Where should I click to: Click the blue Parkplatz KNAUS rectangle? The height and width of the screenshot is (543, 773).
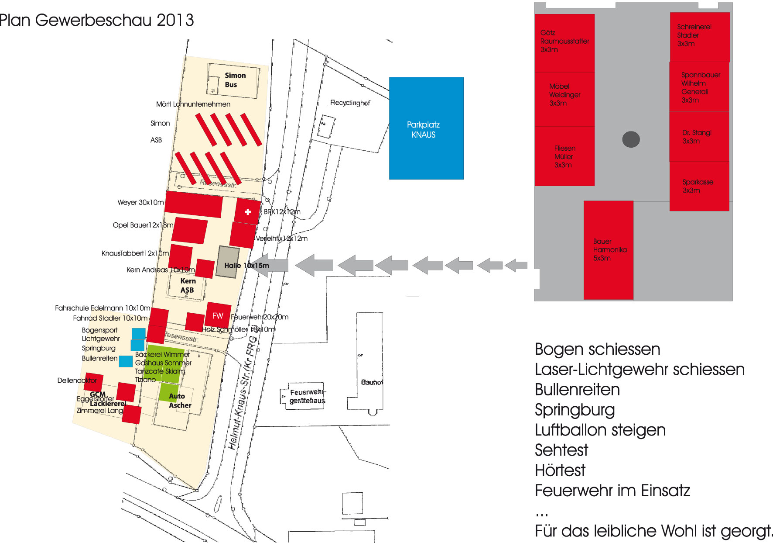point(426,128)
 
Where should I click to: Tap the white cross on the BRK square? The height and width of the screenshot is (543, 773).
point(248,212)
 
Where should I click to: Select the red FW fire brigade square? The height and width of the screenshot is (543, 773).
point(218,315)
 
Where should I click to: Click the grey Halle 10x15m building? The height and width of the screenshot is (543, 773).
point(228,262)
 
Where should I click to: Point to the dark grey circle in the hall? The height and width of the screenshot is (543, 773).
point(631,139)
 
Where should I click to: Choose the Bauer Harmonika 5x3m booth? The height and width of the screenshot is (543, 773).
point(608,250)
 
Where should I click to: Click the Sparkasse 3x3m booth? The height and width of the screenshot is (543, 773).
point(699,186)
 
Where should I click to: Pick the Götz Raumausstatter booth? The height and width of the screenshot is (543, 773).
point(564,42)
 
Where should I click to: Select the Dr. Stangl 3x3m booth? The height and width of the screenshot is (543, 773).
point(699,137)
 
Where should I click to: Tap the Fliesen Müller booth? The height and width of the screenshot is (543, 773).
point(564,156)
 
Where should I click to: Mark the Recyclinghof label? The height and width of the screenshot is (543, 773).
point(350,103)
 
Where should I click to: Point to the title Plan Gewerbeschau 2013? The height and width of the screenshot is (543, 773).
point(96,20)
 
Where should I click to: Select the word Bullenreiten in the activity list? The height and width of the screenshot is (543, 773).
point(577,389)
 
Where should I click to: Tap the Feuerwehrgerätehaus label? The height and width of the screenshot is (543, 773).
point(307,396)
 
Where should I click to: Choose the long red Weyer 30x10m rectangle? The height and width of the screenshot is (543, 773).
point(194,204)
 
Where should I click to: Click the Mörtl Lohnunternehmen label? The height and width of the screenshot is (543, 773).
point(193,104)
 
